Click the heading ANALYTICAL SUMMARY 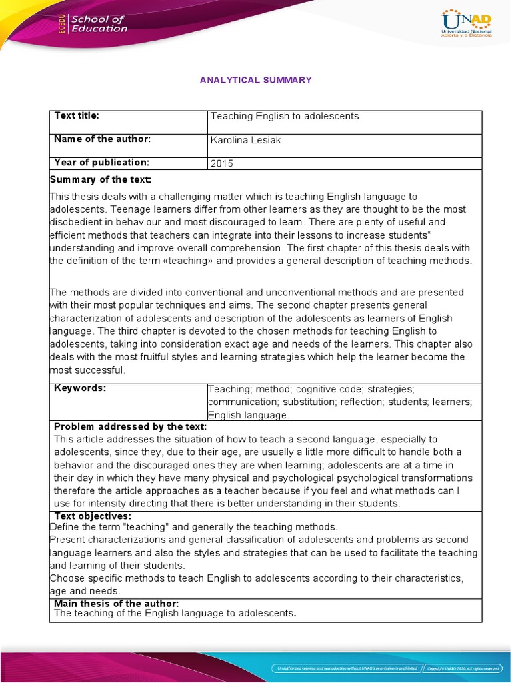256,80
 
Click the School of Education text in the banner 99,24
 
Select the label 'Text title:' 77,116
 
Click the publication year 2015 222,163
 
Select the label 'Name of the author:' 103,139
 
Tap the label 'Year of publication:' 101,163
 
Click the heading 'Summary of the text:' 101,180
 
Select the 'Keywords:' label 80,388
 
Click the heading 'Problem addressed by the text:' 130,427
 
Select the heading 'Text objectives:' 93,516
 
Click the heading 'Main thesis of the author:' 117,604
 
